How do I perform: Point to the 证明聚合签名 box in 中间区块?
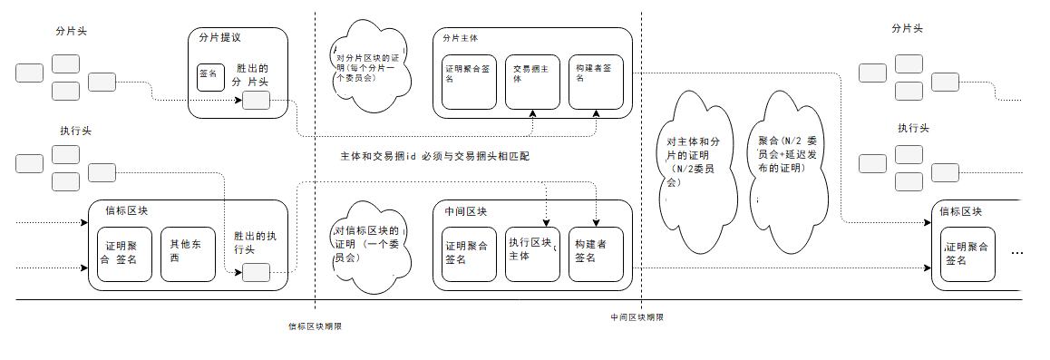468,253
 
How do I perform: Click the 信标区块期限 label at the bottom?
315,326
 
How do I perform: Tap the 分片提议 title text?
219,38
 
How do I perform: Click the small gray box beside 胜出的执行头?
257,271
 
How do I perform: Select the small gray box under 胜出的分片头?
256,100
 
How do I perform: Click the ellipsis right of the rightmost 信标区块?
1016,253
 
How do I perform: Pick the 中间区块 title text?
465,211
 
